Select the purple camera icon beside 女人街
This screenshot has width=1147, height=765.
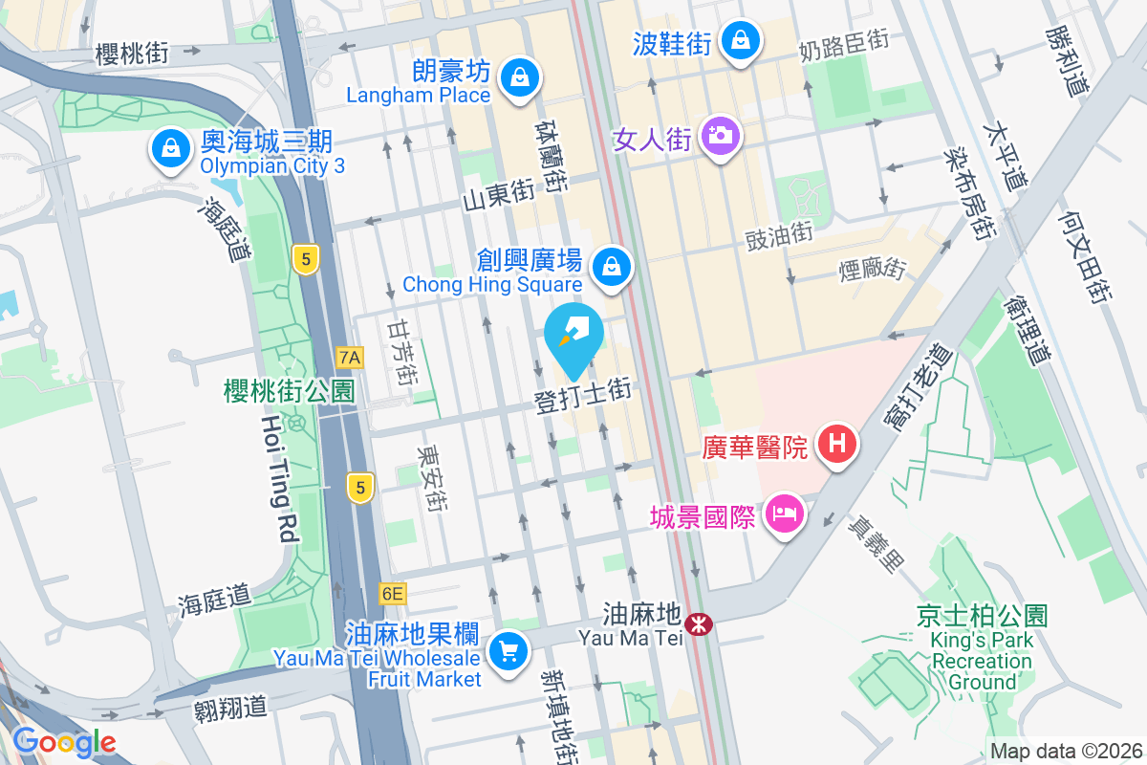point(721,135)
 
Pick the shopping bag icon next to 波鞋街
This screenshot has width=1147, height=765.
point(741,40)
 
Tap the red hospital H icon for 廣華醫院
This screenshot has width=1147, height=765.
point(837,445)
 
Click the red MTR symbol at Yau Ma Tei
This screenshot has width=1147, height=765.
point(700,624)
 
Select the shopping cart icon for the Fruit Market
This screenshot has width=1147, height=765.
point(508,653)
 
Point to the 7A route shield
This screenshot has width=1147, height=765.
point(351,358)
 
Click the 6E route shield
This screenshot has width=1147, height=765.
point(392,594)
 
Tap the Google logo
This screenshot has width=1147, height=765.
point(64,742)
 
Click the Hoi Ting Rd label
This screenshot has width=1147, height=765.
point(277,478)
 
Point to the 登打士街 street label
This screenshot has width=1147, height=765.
point(583,397)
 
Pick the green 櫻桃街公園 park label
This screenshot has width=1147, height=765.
point(289,390)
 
